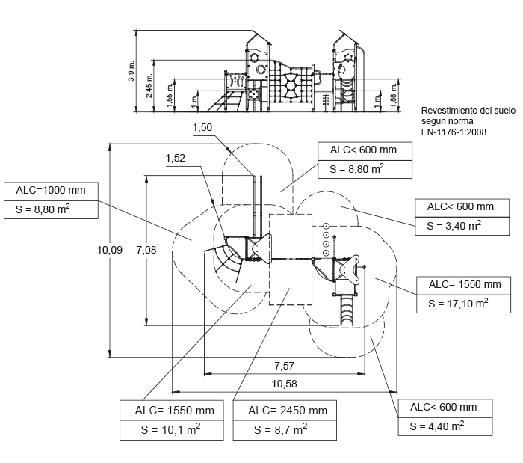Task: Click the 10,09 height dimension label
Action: point(110,250)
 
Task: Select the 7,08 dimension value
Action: point(146,250)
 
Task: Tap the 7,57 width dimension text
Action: point(284,366)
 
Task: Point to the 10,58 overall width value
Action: point(284,384)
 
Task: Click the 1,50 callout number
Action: point(202,127)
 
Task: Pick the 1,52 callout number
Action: point(176,158)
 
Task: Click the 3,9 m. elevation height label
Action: point(131,71)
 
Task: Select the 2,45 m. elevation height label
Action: point(149,86)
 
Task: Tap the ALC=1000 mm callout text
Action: point(51,190)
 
